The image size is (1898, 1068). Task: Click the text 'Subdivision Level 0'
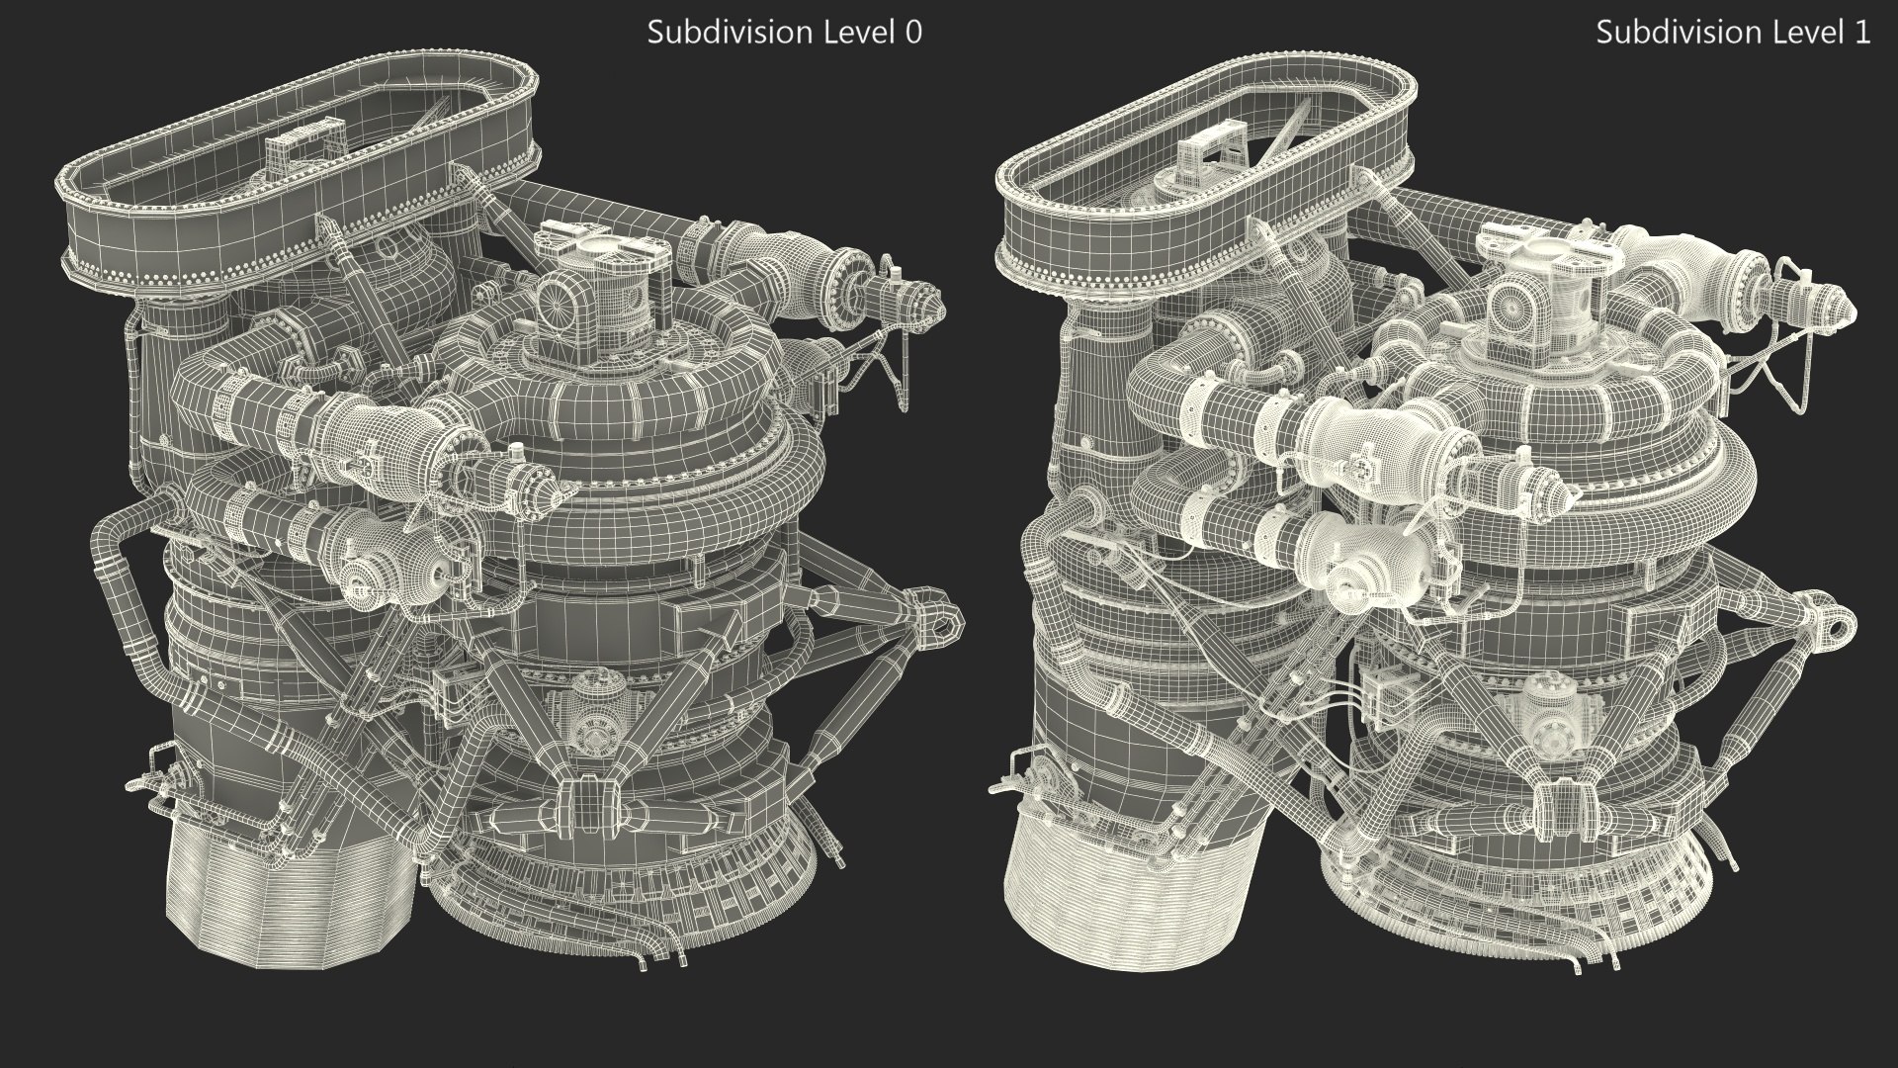(x=784, y=33)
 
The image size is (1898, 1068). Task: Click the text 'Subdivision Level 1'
(x=1733, y=33)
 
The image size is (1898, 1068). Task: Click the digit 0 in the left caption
(x=913, y=33)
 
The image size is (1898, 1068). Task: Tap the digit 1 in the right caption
(x=1862, y=33)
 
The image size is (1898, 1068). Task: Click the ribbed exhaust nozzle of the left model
(x=287, y=895)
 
